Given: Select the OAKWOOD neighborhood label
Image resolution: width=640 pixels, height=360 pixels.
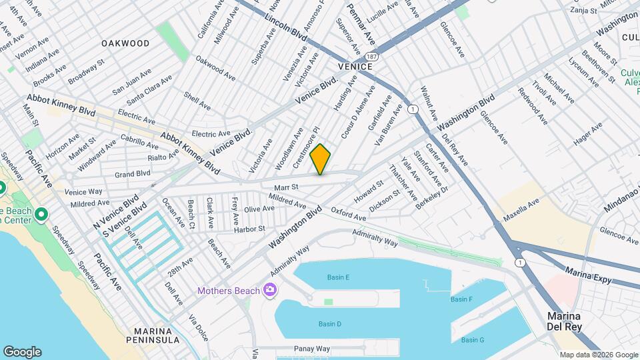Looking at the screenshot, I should pyautogui.click(x=125, y=43).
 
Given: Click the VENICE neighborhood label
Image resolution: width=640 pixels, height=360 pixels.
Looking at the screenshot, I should pyautogui.click(x=355, y=67).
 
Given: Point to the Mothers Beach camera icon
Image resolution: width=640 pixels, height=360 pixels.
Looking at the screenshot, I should pyautogui.click(x=269, y=289).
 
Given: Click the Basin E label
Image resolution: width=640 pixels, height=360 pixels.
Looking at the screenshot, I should pyautogui.click(x=338, y=277).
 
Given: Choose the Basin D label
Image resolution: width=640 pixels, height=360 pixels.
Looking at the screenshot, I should pyautogui.click(x=329, y=324).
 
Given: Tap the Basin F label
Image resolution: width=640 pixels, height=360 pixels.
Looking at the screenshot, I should pyautogui.click(x=461, y=299).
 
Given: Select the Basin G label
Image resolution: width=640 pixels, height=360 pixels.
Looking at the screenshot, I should pyautogui.click(x=472, y=340).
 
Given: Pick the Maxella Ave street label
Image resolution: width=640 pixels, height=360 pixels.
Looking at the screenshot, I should pyautogui.click(x=521, y=211).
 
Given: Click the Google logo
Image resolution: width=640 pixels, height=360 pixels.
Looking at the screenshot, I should pyautogui.click(x=22, y=351).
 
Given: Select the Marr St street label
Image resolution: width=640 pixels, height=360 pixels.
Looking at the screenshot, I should pyautogui.click(x=285, y=187).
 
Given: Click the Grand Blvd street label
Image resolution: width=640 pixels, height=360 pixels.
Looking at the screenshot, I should pyautogui.click(x=132, y=174).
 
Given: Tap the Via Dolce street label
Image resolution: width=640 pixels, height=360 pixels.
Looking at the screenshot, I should pyautogui.click(x=198, y=327).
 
